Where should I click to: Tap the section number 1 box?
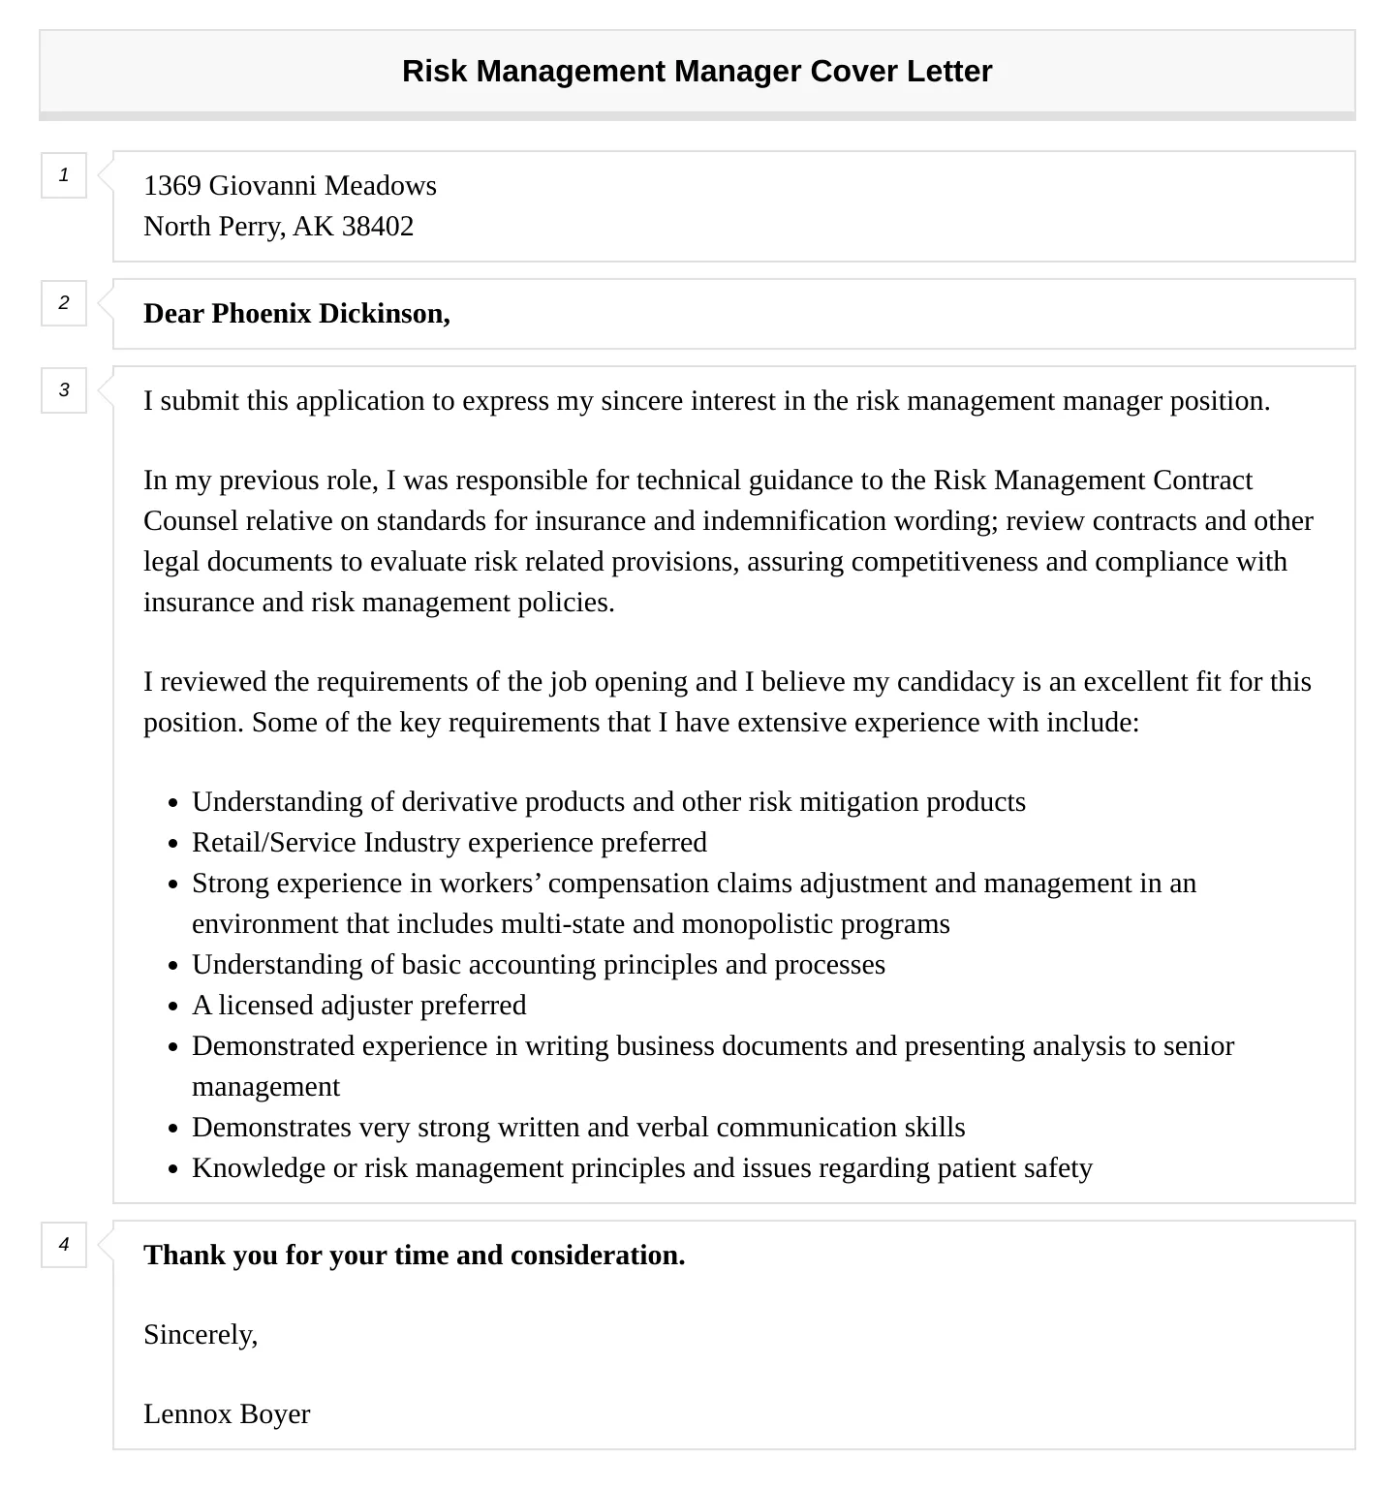pyautogui.click(x=64, y=175)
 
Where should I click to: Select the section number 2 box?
pyautogui.click(x=64, y=303)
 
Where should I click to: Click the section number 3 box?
pyautogui.click(x=64, y=390)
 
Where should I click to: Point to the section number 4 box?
pyautogui.click(x=64, y=1245)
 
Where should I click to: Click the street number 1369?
pyautogui.click(x=171, y=186)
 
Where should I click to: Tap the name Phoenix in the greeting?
pyautogui.click(x=262, y=314)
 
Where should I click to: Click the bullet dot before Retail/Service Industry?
pyautogui.click(x=173, y=844)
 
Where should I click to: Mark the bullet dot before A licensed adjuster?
pyautogui.click(x=173, y=1007)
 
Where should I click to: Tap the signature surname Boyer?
pyautogui.click(x=275, y=1414)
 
